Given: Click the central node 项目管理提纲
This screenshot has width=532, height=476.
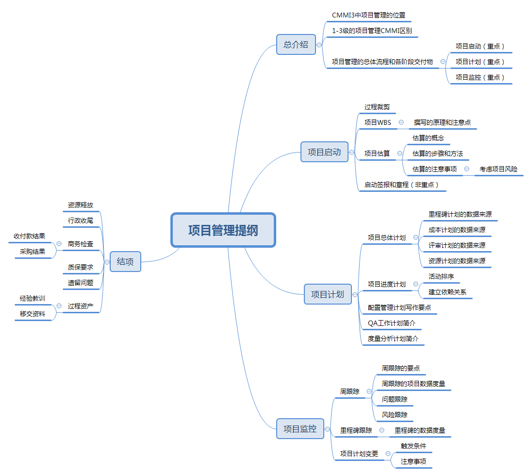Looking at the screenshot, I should pyautogui.click(x=223, y=230).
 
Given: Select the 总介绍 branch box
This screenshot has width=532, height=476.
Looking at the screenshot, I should pyautogui.click(x=296, y=45).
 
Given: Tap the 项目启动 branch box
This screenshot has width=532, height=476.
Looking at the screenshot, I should pyautogui.click(x=324, y=152).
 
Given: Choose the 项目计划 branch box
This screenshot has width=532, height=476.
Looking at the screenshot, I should pyautogui.click(x=328, y=294).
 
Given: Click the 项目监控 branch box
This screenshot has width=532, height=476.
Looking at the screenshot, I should pyautogui.click(x=300, y=429).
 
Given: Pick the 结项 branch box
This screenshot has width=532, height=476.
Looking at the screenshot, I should pyautogui.click(x=125, y=261).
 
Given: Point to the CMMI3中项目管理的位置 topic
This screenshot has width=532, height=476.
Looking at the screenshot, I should pyautogui.click(x=368, y=15).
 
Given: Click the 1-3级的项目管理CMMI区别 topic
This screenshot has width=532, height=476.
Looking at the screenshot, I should pyautogui.click(x=372, y=31).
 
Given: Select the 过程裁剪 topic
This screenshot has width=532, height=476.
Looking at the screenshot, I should pyautogui.click(x=377, y=107).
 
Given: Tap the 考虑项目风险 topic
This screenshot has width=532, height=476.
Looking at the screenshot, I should pyautogui.click(x=499, y=169).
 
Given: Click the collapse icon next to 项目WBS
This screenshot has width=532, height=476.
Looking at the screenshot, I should pyautogui.click(x=401, y=122).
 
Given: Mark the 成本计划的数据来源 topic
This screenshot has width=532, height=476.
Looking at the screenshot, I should pyautogui.click(x=457, y=230).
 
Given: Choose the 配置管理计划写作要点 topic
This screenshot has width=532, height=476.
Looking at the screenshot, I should pyautogui.click(x=399, y=307).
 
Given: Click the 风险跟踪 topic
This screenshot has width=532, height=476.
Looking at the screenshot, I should pyautogui.click(x=395, y=415).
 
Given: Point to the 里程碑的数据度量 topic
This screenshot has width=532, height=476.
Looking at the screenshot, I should pyautogui.click(x=420, y=430).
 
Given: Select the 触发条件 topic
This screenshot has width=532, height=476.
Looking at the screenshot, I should pyautogui.click(x=414, y=446).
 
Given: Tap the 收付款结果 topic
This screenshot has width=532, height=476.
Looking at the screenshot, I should pyautogui.click(x=30, y=236).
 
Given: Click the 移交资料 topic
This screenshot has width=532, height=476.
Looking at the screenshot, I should pyautogui.click(x=33, y=314).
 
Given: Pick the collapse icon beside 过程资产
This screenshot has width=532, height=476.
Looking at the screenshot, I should pyautogui.click(x=59, y=306).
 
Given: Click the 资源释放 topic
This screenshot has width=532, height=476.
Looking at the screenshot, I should pyautogui.click(x=81, y=205).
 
